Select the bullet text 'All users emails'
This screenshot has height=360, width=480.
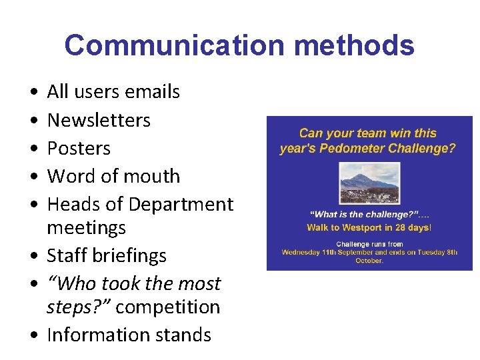113,91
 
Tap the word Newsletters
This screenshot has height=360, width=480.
99,120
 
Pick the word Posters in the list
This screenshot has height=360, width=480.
79,148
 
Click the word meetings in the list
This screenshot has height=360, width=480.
86,228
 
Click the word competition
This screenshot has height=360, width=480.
167,307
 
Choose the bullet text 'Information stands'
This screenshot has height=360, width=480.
129,335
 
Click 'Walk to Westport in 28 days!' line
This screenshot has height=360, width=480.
369,228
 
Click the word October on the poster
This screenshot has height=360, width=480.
369,261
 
